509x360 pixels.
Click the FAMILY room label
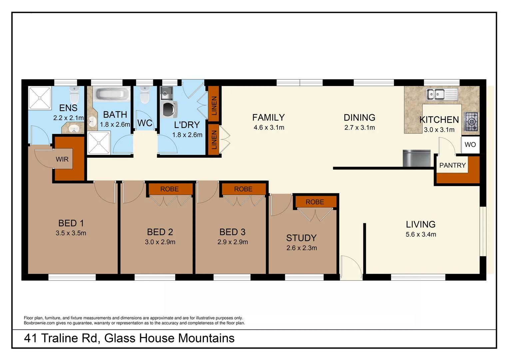point(268,118)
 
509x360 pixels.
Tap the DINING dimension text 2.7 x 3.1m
point(359,128)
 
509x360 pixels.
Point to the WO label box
point(470,145)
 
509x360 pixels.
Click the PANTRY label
point(452,165)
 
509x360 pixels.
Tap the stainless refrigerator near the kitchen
point(416,158)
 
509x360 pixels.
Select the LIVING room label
point(420,224)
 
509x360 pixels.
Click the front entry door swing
point(351,267)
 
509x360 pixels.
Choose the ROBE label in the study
point(314,202)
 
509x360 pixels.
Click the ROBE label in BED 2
point(169,189)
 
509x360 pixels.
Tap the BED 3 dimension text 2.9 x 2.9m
point(233,242)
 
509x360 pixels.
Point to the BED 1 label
point(71,223)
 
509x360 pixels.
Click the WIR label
point(62,159)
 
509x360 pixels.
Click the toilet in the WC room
point(145,96)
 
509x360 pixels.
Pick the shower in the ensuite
point(40,98)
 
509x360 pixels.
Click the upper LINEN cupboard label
point(214,105)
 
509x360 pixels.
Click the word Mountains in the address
point(207,338)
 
